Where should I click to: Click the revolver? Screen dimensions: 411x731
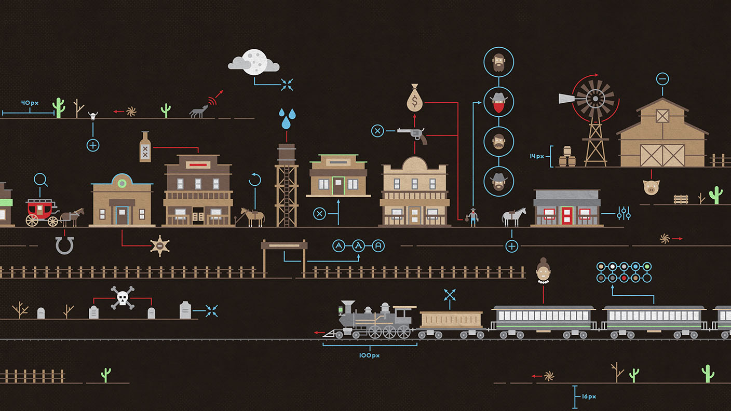click(x=413, y=134)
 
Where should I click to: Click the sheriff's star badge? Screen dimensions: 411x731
click(x=160, y=245)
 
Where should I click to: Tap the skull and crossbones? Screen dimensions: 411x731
click(x=122, y=298)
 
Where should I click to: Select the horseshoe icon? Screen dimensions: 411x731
click(x=64, y=245)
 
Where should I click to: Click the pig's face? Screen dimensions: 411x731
click(x=651, y=187)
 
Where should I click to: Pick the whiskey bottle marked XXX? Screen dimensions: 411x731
click(x=145, y=147)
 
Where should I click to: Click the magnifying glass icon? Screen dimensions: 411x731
click(x=41, y=180)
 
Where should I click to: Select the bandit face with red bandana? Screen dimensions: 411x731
click(x=499, y=102)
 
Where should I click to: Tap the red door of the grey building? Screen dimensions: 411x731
click(x=566, y=215)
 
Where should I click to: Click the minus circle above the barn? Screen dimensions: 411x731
click(x=662, y=79)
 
